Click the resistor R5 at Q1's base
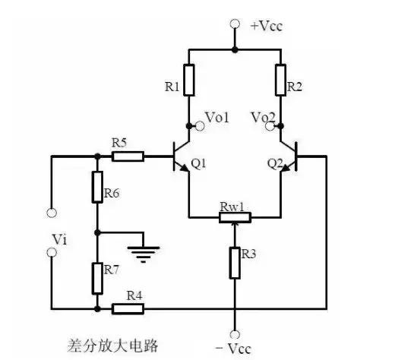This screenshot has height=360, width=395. click(x=127, y=156)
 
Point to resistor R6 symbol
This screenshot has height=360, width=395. click(x=98, y=187)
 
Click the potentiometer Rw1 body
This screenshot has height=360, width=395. click(x=235, y=217)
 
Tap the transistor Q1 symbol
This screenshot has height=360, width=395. click(x=182, y=157)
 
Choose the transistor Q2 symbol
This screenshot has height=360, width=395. click(x=287, y=157)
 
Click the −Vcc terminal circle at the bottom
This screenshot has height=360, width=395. click(x=235, y=334)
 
